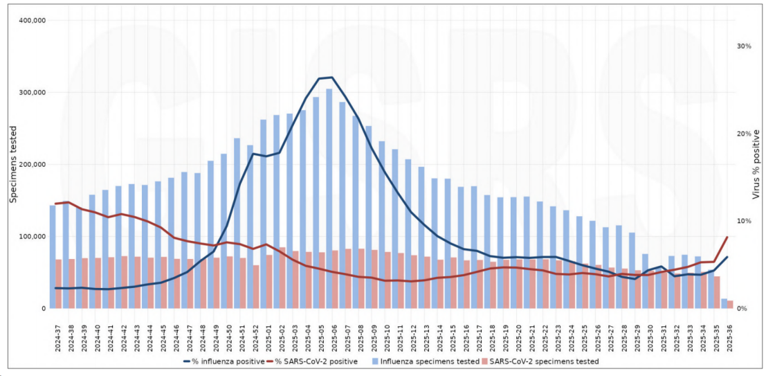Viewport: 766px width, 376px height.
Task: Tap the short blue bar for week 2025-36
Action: pyautogui.click(x=724, y=303)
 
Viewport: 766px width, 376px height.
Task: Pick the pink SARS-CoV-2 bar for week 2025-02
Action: pyautogui.click(x=282, y=278)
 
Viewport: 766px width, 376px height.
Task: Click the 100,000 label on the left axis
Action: pyautogui.click(x=30, y=236)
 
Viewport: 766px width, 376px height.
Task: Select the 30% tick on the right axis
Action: pyautogui.click(x=744, y=46)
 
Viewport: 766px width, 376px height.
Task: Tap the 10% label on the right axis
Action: pyautogui.click(x=744, y=221)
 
